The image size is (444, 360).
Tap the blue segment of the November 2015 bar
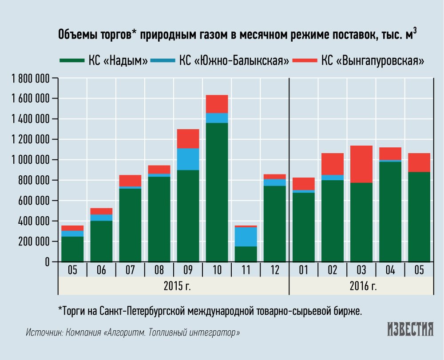pos(246,237)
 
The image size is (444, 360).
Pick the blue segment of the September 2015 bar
pos(188,159)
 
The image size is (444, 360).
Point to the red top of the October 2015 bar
pos(217,104)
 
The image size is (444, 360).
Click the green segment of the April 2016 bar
pos(391,211)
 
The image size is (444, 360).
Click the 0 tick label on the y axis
pos(45,262)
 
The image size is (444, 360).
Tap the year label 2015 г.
pos(174,285)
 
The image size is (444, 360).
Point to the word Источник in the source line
pos(44,332)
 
